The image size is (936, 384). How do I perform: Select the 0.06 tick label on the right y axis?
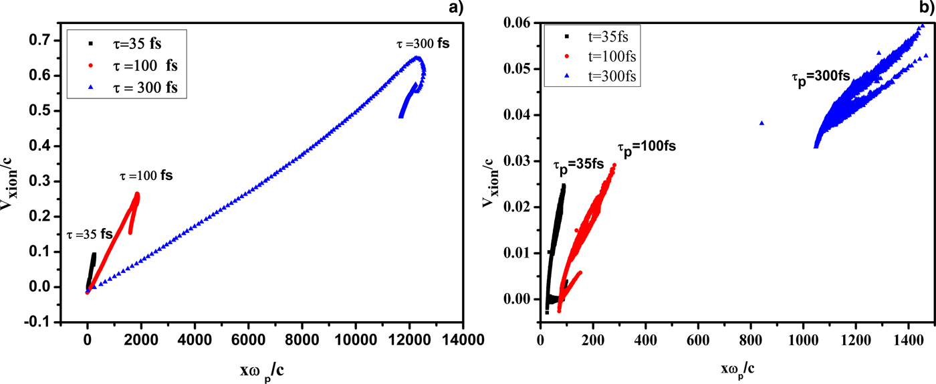click(x=517, y=23)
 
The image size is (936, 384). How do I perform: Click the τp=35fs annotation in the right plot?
click(x=578, y=164)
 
